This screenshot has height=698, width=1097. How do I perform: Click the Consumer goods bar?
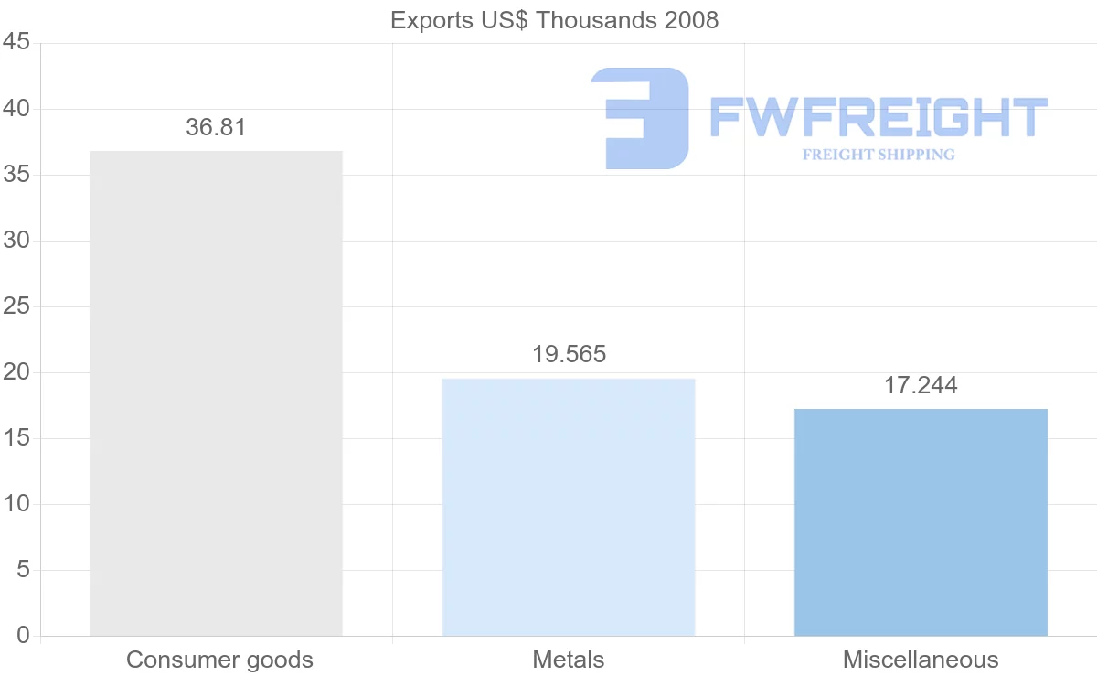216,393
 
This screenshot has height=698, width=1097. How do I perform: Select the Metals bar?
568,507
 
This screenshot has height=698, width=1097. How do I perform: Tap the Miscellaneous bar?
921,522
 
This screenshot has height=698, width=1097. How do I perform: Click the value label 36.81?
216,127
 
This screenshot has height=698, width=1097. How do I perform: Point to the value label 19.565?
569,354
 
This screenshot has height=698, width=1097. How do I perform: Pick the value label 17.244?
921,385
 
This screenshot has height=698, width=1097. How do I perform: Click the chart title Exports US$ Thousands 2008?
554,19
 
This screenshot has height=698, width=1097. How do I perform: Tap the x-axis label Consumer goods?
219,660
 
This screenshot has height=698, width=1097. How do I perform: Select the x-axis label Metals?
568,660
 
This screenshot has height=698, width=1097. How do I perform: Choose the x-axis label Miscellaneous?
921,660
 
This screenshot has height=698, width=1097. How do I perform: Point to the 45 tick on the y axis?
17,43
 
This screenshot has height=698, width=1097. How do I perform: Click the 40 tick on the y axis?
17,109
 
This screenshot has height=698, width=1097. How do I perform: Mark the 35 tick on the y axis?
17,175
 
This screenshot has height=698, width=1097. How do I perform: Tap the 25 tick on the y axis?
17,306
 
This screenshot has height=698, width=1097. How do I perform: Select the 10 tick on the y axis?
17,504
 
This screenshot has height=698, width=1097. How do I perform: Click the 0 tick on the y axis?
23,636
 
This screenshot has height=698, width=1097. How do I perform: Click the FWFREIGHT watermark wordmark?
878,118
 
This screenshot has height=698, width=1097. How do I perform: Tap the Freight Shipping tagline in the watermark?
878,155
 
